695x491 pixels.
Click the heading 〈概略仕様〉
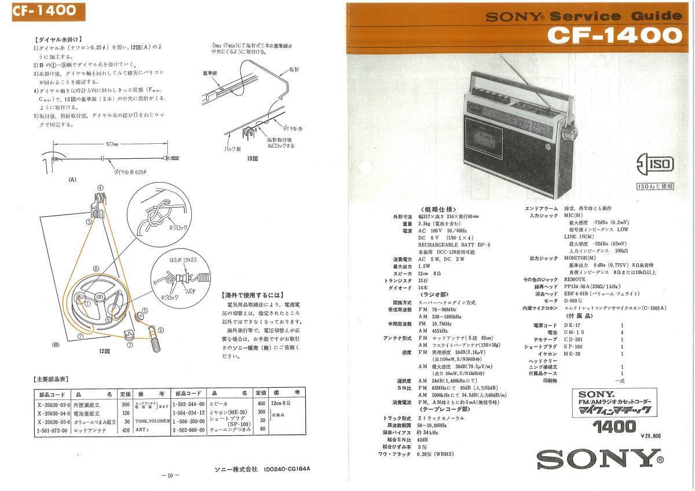coord(438,210)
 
